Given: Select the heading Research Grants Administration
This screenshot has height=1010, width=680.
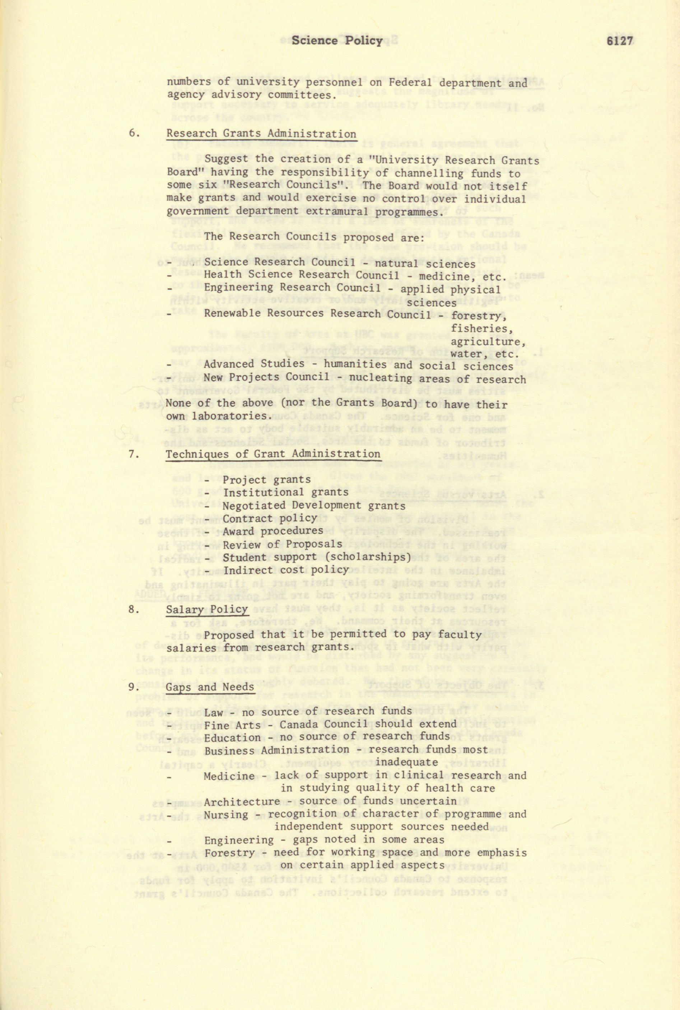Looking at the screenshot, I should (261, 134).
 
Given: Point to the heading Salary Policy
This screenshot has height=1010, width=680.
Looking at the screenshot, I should (207, 609).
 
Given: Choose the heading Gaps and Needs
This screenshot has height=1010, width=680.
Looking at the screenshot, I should (210, 686).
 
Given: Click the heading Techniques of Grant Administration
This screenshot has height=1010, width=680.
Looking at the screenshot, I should (273, 454).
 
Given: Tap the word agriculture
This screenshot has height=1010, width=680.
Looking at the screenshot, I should (488, 341).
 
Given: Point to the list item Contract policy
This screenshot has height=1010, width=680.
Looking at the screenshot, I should (270, 518).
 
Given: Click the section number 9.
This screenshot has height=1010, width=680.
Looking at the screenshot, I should (134, 687).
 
